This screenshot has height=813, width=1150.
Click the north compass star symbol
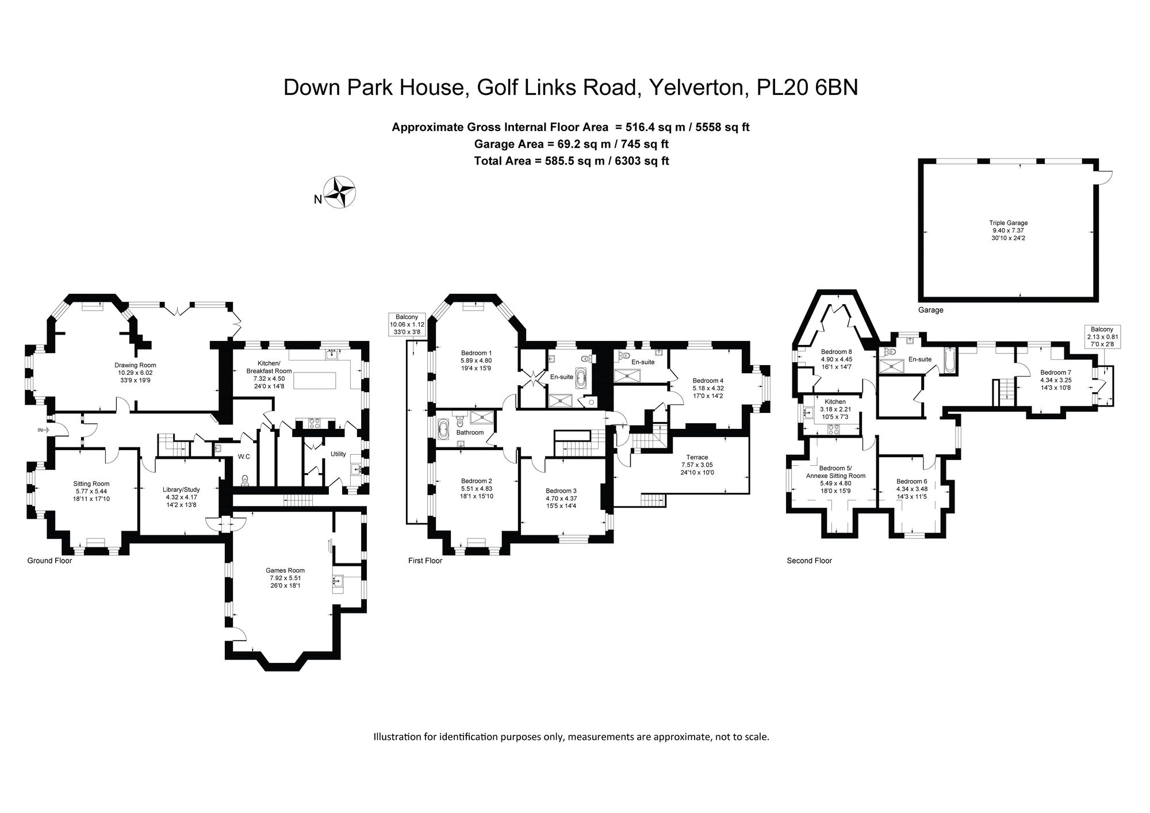click(340, 192)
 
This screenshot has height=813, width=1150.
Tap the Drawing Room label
click(135, 365)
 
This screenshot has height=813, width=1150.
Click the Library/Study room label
click(181, 489)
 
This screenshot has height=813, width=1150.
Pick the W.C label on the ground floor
click(244, 457)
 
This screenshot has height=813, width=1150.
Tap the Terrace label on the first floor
click(697, 457)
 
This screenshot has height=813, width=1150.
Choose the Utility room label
click(338, 454)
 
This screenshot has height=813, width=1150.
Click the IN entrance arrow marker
click(44, 429)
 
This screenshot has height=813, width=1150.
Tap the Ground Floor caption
click(49, 561)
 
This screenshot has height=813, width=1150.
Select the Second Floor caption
click(809, 561)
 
